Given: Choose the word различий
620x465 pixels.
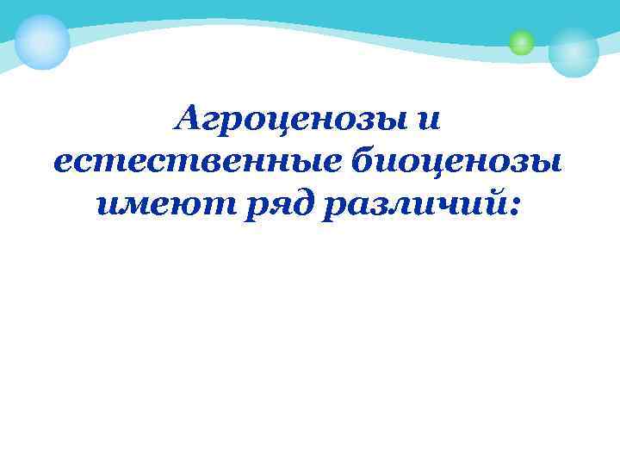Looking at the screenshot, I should (414, 203).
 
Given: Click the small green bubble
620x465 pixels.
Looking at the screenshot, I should (521, 41).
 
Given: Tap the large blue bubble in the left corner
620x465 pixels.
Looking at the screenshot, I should (41, 41).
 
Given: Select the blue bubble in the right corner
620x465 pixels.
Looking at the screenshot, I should (573, 52).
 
